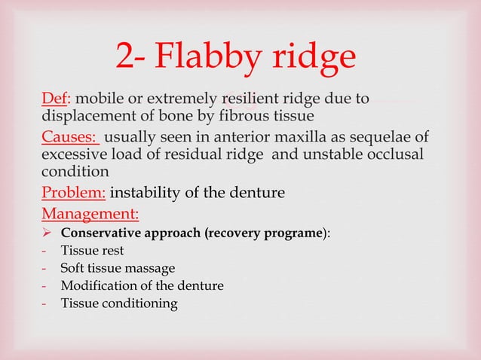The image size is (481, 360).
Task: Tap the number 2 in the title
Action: click(125, 56)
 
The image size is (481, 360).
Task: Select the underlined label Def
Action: click(53, 99)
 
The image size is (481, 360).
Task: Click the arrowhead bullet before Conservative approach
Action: click(47, 232)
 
